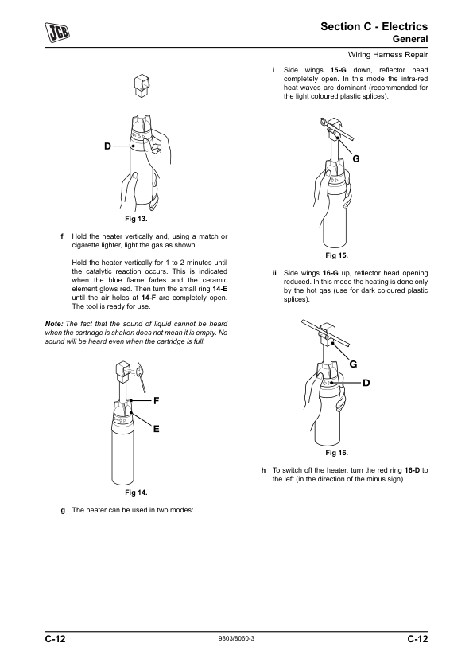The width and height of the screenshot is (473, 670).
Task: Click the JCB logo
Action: [x=57, y=32]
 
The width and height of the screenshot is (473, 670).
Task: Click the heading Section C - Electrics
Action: [x=374, y=26]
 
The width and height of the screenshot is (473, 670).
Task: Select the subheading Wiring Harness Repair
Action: [x=388, y=55]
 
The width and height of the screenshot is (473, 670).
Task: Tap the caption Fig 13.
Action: [x=136, y=219]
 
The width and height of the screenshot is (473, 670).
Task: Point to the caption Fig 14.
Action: [x=136, y=493]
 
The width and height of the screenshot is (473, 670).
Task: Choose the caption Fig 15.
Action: [x=337, y=255]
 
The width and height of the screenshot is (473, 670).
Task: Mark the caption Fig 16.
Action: [x=337, y=453]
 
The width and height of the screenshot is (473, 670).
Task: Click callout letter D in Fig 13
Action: [x=107, y=146]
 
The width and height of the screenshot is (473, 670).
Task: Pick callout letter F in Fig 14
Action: [x=157, y=401]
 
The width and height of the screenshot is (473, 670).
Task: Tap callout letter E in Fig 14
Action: [x=157, y=429]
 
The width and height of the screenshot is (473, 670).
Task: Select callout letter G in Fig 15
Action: [x=356, y=159]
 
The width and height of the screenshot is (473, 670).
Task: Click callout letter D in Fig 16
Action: [x=366, y=383]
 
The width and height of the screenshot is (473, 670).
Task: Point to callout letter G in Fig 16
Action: [x=354, y=364]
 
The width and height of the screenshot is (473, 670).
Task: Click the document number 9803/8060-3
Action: [x=236, y=638]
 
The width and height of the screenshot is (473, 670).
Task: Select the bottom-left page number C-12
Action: [x=56, y=639]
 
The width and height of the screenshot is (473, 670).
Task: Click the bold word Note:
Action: [x=54, y=324]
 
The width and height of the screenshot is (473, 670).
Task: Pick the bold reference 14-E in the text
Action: [x=220, y=289]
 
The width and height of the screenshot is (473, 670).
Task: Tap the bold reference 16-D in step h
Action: [x=412, y=470]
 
